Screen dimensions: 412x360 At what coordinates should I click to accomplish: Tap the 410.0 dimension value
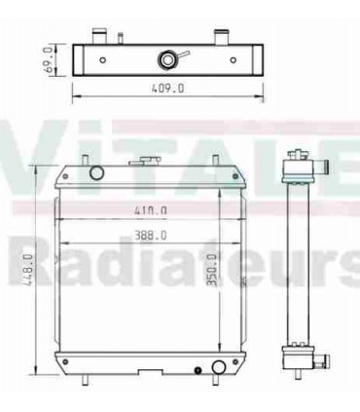(x=151, y=209)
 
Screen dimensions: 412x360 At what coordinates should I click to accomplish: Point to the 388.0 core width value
(x=151, y=235)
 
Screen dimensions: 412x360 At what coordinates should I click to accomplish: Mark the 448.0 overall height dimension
(x=29, y=273)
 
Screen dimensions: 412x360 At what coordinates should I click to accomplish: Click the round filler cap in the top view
(x=169, y=60)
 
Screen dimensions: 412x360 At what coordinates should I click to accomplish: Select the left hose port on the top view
(x=98, y=36)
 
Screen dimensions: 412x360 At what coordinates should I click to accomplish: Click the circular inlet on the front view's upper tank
(x=95, y=174)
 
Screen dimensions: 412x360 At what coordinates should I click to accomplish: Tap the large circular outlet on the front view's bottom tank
(x=219, y=367)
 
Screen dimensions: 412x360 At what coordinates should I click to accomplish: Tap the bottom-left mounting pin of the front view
(x=88, y=382)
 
